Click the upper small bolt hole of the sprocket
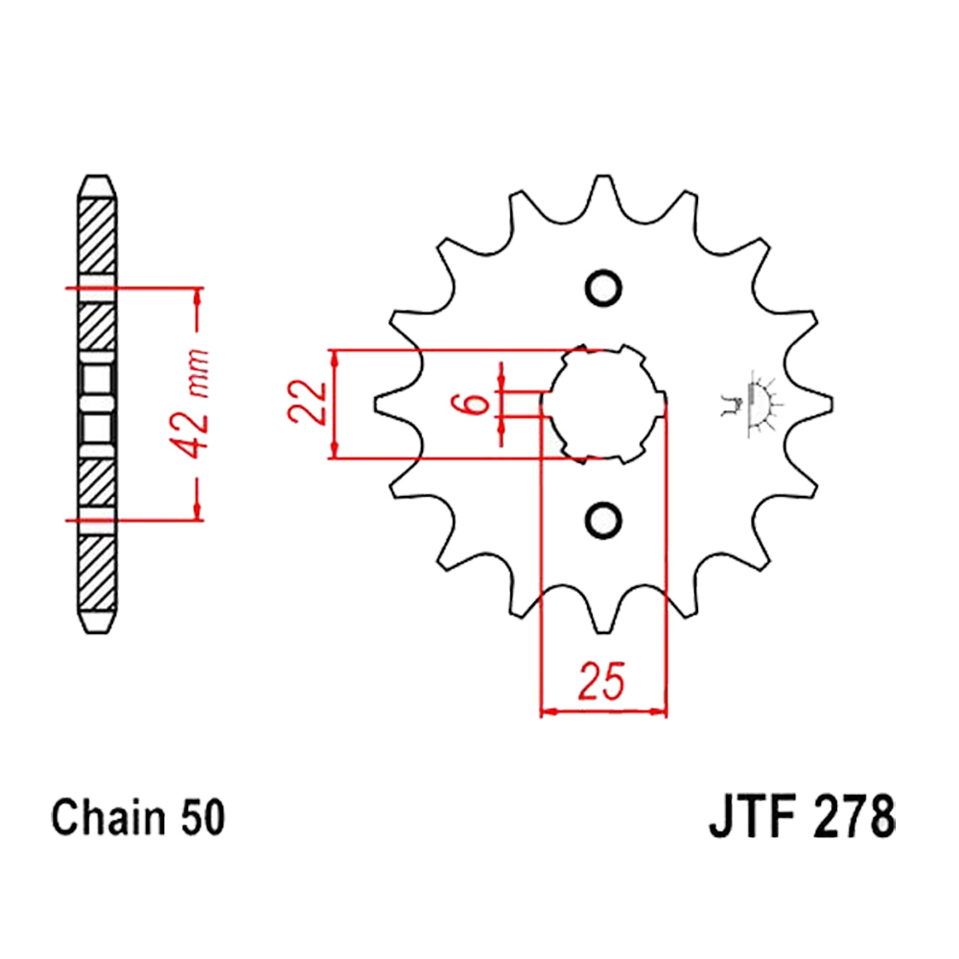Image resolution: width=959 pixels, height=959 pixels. tap(603, 289)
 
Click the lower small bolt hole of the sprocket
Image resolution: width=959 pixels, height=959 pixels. tap(603, 520)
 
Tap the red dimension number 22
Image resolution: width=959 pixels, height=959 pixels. tap(307, 404)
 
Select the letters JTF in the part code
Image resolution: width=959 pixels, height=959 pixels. tap(754, 820)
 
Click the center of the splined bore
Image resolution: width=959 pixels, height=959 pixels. tap(603, 404)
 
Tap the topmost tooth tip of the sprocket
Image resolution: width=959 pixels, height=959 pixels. tap(603, 177)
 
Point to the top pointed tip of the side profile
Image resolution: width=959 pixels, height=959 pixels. tap(98, 177)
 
